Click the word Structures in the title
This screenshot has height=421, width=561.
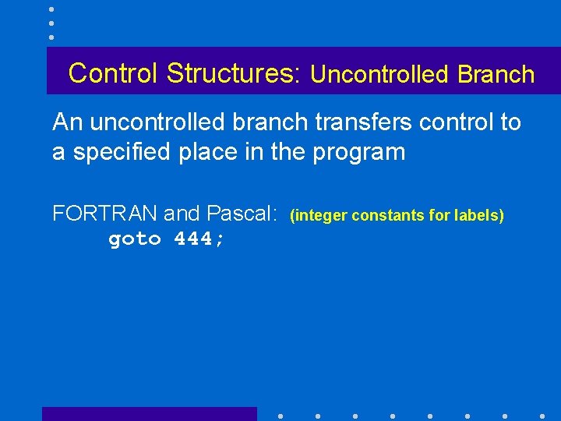point(229,73)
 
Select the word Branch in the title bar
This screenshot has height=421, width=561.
point(496,75)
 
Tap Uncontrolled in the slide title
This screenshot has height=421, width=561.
point(380,75)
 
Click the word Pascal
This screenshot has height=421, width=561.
point(242,213)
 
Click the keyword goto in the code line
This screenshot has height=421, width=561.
point(136,239)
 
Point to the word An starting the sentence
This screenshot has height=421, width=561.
point(67,122)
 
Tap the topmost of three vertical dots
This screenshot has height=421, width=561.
point(51,9)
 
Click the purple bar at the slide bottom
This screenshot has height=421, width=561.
point(149,414)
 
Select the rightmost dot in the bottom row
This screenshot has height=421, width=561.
point(542,416)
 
